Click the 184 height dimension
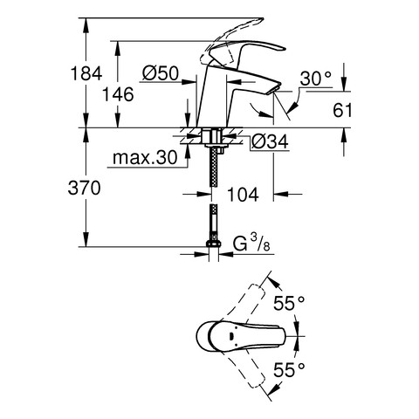click(x=86, y=73)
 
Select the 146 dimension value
click(x=118, y=94)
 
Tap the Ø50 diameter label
click(x=161, y=73)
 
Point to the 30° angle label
click(x=316, y=79)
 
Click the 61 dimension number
click(x=342, y=110)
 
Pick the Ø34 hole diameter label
click(x=271, y=141)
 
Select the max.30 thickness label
click(x=145, y=158)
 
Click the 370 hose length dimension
click(x=85, y=188)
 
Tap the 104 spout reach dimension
click(x=243, y=195)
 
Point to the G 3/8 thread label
click(x=252, y=244)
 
